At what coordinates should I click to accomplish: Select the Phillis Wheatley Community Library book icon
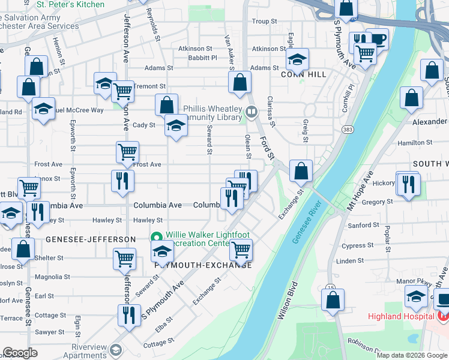[x=251, y=111]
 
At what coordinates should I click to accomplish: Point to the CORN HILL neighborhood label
[x=306, y=74]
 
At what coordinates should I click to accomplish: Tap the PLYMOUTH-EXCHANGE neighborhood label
[x=203, y=265]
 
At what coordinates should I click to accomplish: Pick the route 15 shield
[x=331, y=287]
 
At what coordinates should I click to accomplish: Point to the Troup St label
[x=264, y=21]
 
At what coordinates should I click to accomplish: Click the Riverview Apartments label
[x=89, y=351]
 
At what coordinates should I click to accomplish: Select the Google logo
[x=20, y=353]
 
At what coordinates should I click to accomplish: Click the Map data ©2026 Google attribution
[x=411, y=355]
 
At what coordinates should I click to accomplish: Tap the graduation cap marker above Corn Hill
[x=297, y=59]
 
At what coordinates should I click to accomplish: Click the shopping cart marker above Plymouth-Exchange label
[x=241, y=249]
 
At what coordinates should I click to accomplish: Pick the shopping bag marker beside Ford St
[x=240, y=83]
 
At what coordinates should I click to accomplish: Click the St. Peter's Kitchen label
[x=70, y=5]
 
